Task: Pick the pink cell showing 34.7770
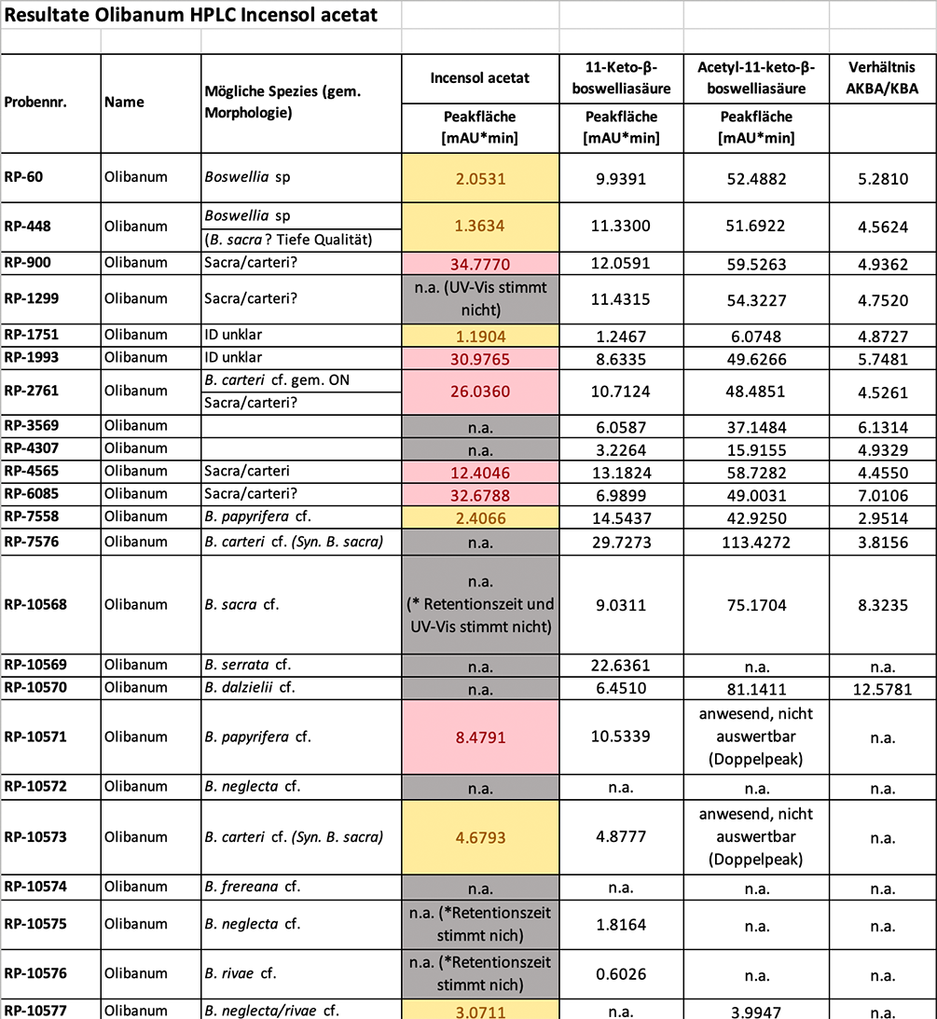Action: point(480,263)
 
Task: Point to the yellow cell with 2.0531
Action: point(480,178)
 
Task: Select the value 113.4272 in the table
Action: point(756,542)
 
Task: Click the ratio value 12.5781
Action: point(882,689)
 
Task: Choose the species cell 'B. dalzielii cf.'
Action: point(249,689)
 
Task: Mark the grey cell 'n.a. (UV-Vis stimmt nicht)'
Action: point(480,298)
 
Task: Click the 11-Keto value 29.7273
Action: point(620,542)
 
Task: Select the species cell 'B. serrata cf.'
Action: point(245,665)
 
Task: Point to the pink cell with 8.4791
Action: point(480,737)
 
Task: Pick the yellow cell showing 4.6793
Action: point(480,837)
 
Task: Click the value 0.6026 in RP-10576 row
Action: point(620,973)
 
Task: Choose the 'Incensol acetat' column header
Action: point(480,78)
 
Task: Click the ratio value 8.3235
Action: point(882,604)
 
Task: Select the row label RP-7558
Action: point(32,516)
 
